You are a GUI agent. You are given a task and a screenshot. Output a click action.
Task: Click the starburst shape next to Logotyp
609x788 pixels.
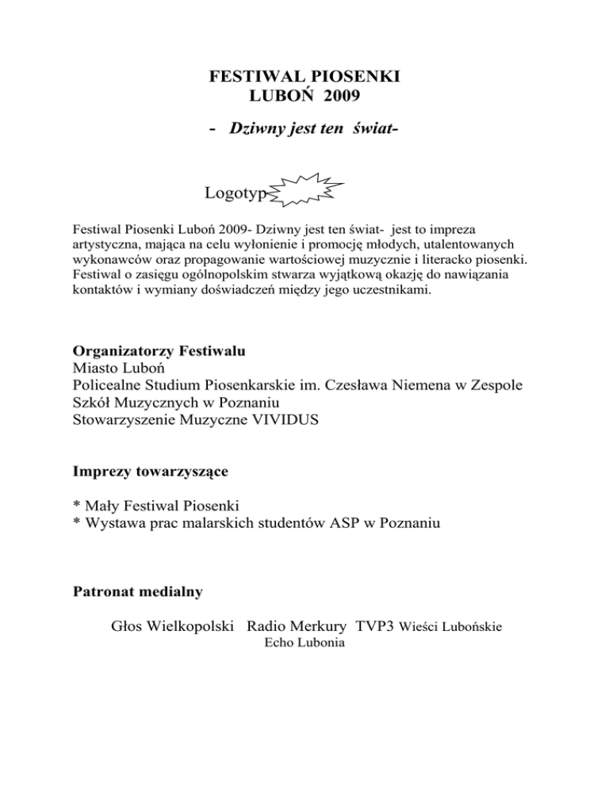pyautogui.click(x=308, y=192)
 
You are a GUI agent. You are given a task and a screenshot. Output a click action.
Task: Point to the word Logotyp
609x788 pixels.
pyautogui.click(x=236, y=193)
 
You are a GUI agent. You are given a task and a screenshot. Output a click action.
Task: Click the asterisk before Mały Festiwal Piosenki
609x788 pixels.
pyautogui.click(x=76, y=504)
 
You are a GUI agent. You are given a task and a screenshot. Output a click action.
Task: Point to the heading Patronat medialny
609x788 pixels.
pyautogui.click(x=137, y=591)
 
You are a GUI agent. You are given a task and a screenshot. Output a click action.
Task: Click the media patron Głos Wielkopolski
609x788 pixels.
pyautogui.click(x=173, y=628)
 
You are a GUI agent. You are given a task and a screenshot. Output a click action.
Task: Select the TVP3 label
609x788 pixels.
pyautogui.click(x=375, y=628)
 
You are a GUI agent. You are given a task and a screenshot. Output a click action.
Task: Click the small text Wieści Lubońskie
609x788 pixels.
pyautogui.click(x=450, y=629)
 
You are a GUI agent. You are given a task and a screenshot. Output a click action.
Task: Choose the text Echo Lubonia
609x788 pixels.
pyautogui.click(x=304, y=645)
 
